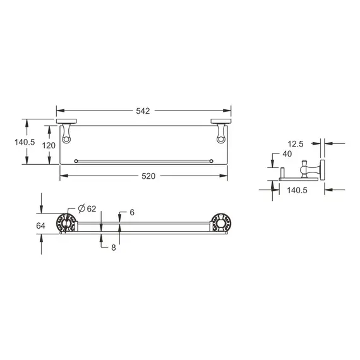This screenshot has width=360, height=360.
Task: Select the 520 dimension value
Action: click(x=147, y=176)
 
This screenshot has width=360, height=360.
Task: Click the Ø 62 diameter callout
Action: click(x=87, y=209)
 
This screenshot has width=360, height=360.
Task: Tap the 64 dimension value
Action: click(x=41, y=225)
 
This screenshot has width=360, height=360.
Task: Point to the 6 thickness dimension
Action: click(x=132, y=213)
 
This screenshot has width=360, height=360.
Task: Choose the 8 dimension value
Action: click(x=114, y=248)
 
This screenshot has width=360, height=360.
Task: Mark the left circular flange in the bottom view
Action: click(x=65, y=224)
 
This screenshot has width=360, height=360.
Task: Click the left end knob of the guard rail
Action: click(x=76, y=161)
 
